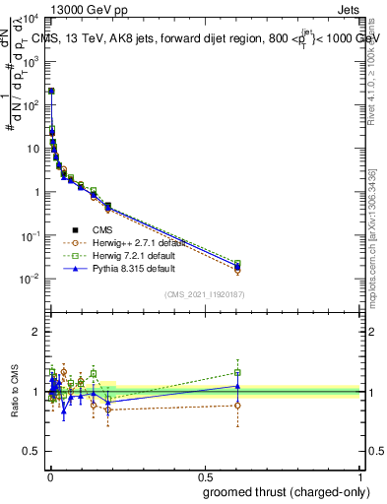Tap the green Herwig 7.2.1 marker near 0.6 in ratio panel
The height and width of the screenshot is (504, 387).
pyautogui.click(x=237, y=372)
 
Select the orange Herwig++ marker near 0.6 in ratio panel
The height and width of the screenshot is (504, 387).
pyautogui.click(x=237, y=406)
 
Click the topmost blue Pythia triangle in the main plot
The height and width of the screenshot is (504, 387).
pyautogui.click(x=51, y=91)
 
